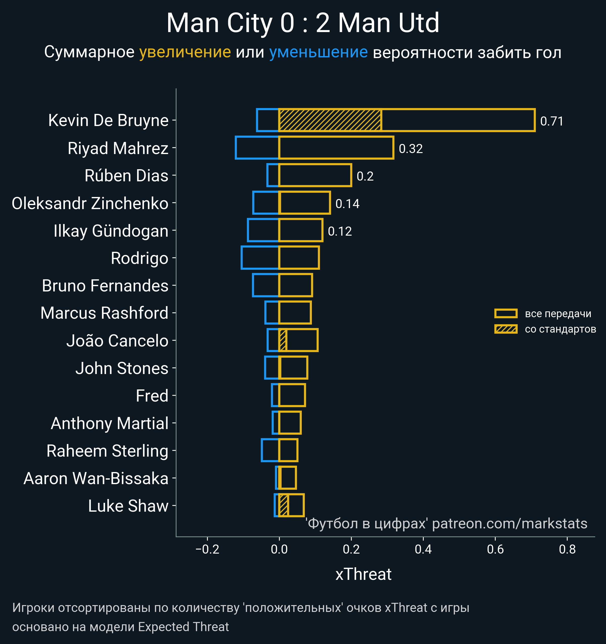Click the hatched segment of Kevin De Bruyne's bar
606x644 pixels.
330,120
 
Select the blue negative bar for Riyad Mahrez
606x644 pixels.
257,148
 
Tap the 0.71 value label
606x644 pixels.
552,121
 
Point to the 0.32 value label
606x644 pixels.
411,149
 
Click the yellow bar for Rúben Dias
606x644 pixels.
315,175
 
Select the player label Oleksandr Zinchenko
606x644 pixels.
90,203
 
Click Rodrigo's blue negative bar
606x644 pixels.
260,258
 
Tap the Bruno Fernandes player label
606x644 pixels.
105,286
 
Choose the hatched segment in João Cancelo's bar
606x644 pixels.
283,340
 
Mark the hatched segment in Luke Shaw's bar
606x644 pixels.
284,505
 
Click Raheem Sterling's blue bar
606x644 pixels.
270,450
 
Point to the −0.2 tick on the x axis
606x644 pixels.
207,549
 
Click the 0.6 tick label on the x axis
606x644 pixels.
495,549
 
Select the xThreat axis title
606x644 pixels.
363,574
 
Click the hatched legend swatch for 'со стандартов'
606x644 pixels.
506,329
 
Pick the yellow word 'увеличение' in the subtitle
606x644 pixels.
185,52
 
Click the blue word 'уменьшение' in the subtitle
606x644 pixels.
318,52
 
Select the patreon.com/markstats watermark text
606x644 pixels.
510,524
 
